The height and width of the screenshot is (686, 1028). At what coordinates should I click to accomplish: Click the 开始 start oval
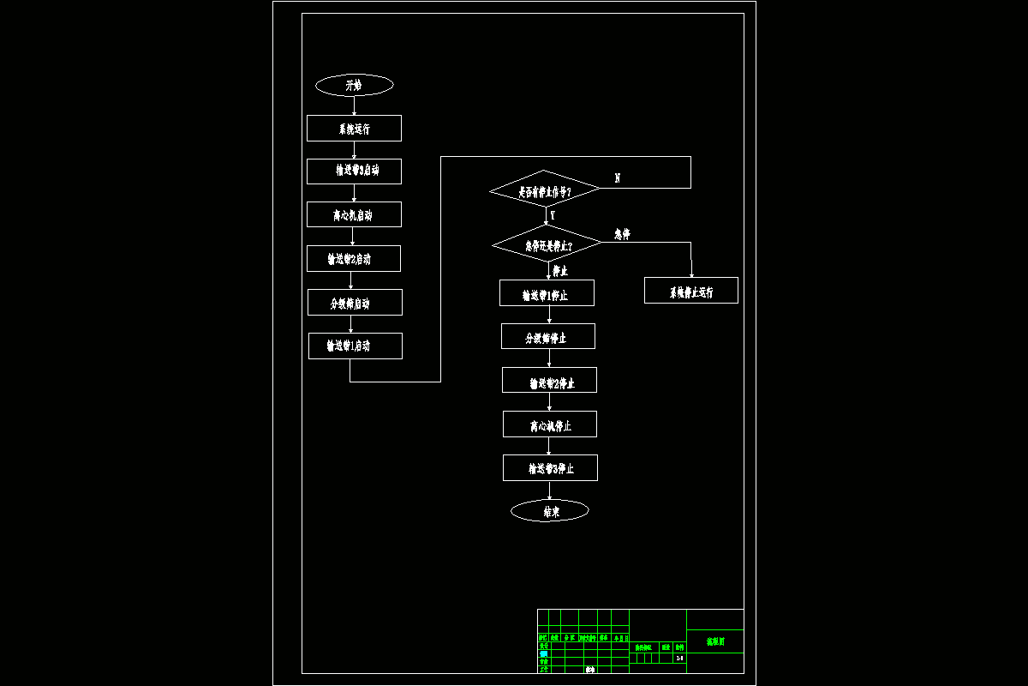click(354, 85)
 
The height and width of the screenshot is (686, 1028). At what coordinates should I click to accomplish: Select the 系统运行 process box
click(354, 129)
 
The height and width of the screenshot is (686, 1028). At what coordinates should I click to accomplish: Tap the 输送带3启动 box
click(354, 171)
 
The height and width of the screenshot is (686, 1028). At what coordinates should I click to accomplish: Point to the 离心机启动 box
click(354, 214)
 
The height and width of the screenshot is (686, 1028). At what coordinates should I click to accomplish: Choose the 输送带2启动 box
click(353, 258)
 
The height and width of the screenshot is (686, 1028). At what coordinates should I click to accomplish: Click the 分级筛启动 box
click(355, 302)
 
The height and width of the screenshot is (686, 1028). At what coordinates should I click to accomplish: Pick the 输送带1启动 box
click(355, 346)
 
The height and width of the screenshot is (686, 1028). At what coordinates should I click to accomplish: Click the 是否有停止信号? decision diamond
click(545, 190)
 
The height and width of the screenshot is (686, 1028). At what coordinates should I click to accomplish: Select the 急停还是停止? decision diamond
click(547, 244)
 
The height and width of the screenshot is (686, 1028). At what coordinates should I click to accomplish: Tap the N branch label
click(618, 178)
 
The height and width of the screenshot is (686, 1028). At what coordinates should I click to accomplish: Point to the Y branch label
click(553, 216)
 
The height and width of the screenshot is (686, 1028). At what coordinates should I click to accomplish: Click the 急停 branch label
click(622, 234)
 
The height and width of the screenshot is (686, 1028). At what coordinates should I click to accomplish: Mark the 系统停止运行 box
click(690, 291)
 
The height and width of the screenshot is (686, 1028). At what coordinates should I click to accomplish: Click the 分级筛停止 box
click(547, 336)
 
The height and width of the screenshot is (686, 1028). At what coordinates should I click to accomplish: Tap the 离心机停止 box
click(549, 424)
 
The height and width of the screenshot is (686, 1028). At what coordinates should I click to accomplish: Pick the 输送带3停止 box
click(550, 468)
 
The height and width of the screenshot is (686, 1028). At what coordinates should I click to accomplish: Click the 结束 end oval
click(550, 511)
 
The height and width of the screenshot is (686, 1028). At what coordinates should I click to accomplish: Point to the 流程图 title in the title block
click(714, 641)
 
